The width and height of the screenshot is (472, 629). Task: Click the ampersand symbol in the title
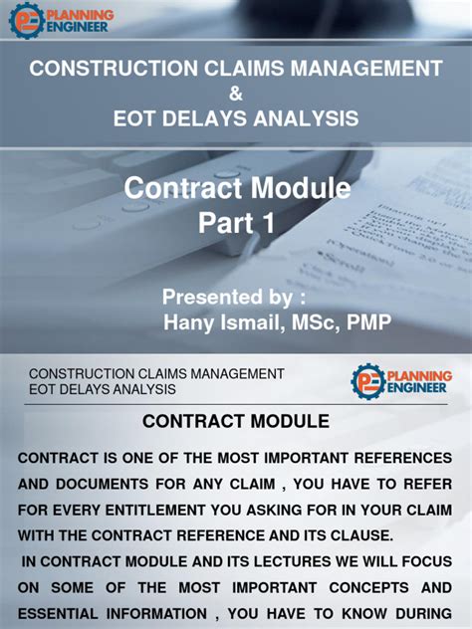coord(235,95)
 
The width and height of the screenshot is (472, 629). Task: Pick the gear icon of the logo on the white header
coord(368,381)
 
